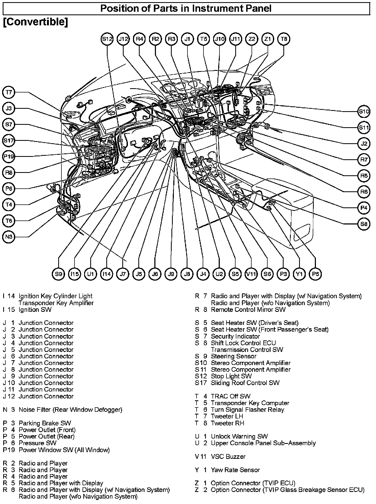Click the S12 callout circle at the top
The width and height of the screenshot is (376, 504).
[107, 39]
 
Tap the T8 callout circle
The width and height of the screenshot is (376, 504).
[284, 39]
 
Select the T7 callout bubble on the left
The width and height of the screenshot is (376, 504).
[9, 92]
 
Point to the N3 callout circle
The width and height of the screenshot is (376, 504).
[9, 237]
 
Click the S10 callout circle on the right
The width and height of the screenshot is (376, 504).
[364, 111]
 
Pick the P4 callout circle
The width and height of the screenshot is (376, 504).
[364, 208]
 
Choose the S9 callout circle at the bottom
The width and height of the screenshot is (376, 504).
[58, 274]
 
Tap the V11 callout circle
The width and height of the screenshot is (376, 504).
[251, 274]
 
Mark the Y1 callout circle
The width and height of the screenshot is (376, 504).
[299, 274]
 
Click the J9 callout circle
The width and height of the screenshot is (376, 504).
[171, 274]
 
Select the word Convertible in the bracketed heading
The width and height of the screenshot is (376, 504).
[35, 22]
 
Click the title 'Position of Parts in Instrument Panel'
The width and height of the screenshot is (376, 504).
[186, 9]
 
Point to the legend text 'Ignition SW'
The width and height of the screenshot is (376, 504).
[35, 309]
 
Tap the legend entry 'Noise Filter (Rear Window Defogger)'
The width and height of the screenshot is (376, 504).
[70, 410]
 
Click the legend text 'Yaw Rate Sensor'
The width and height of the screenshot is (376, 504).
[235, 470]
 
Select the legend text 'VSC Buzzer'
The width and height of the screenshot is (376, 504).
[228, 456]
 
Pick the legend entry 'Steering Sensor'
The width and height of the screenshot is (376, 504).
[233, 356]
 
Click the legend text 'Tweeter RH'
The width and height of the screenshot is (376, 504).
[227, 423]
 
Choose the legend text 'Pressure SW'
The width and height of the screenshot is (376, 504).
[37, 443]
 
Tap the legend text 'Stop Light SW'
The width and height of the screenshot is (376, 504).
[231, 376]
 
